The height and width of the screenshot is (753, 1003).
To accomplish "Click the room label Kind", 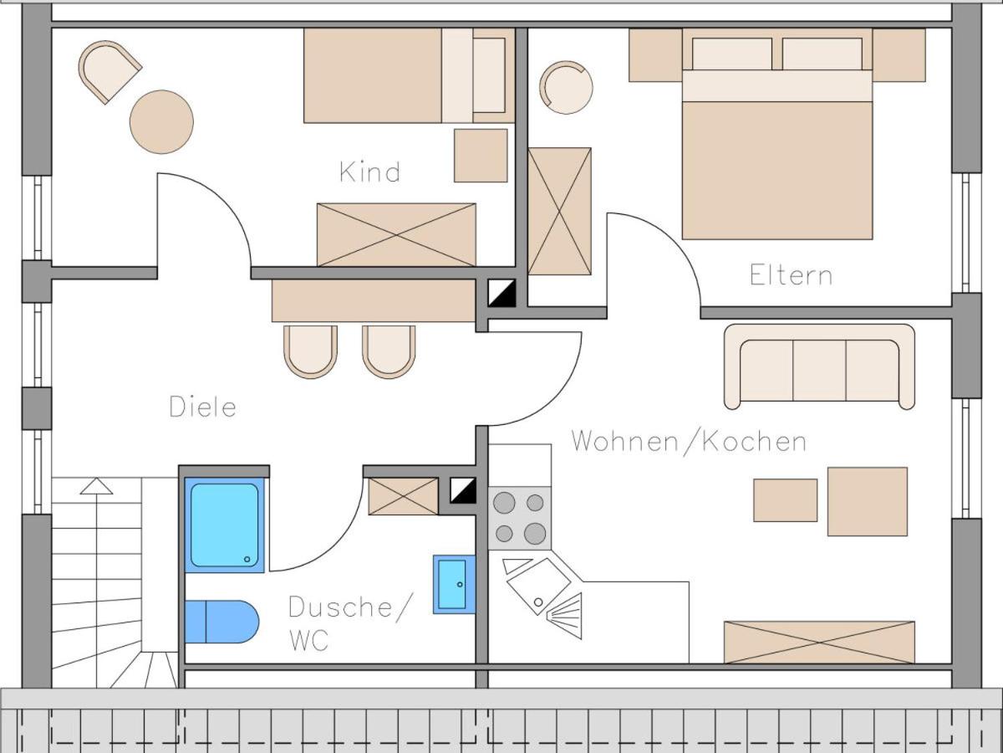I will (x=369, y=172).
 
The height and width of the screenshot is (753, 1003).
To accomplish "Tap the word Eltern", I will (x=791, y=275).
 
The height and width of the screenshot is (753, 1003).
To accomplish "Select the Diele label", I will (x=202, y=407).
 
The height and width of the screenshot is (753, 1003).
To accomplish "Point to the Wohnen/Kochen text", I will (x=689, y=441).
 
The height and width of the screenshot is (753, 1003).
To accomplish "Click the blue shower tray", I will (x=224, y=525).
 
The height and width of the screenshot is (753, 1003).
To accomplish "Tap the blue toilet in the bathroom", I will (x=221, y=622).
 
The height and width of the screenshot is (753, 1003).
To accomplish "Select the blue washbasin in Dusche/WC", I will (x=454, y=584).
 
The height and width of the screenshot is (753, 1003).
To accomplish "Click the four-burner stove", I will (x=519, y=518).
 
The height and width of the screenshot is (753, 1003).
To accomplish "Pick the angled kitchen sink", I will (x=537, y=584).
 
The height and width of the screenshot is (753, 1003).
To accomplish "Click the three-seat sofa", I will (x=819, y=366).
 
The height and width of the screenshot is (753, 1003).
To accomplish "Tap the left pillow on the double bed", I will (x=731, y=54).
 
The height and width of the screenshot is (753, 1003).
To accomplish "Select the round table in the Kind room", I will (x=161, y=122).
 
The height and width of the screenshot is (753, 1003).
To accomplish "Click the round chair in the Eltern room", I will (x=566, y=87).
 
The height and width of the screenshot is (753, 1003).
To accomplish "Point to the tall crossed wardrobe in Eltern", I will (x=559, y=211).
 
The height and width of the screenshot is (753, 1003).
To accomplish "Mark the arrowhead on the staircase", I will (x=96, y=486).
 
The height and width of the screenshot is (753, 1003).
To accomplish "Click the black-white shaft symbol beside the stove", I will (x=463, y=490).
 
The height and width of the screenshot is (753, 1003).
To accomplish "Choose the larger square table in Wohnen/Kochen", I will (x=867, y=501).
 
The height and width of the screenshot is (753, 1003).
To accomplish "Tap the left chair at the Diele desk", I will (x=310, y=351).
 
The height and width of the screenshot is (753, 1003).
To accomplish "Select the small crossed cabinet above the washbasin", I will (x=403, y=496).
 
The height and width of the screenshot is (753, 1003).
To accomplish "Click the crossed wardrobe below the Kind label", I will (x=396, y=234).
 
